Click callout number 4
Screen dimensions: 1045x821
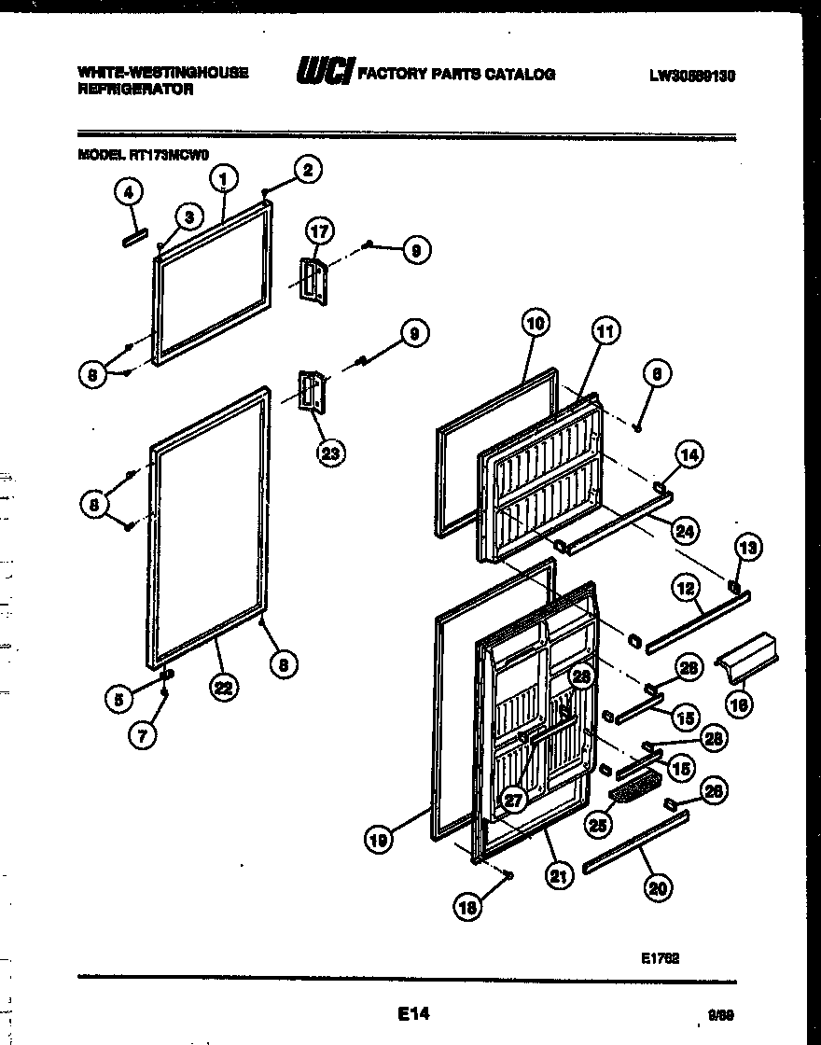coord(129,192)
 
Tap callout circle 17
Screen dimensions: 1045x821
coord(319,231)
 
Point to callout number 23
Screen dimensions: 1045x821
coord(329,453)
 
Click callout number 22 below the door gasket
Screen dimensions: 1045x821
coord(222,689)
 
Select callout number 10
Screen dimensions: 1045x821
coord(535,325)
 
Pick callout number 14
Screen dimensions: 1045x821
coord(689,455)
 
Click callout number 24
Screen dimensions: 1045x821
coord(686,532)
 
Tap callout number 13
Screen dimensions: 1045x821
coord(748,548)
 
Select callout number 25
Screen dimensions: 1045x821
coord(598,825)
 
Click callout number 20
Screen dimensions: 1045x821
coord(659,888)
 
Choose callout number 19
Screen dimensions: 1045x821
coord(377,840)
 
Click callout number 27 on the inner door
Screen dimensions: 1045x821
coord(511,799)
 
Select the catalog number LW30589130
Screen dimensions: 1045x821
coord(691,77)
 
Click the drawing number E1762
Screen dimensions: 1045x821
coord(660,957)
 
